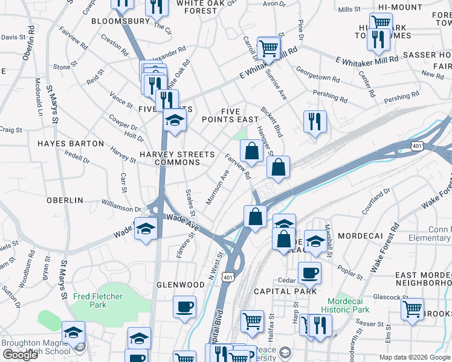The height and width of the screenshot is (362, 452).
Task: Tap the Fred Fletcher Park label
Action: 97,296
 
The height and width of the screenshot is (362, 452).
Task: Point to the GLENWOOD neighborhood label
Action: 181,285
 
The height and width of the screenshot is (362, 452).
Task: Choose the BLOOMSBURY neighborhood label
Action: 120,21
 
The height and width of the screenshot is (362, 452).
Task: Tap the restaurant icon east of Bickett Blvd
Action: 315,121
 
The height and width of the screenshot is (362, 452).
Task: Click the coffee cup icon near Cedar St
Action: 309,273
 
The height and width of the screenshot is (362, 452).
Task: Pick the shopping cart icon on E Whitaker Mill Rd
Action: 268,48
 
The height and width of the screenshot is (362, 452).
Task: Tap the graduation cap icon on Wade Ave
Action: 146,229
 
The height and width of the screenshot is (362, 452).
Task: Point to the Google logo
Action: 21,355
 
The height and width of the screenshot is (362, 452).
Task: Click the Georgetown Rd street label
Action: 330,78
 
